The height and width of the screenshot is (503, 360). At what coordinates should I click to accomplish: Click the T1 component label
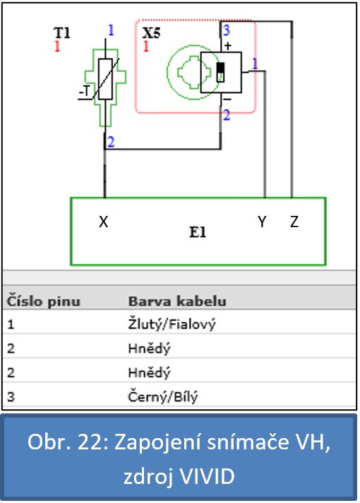pos(62,32)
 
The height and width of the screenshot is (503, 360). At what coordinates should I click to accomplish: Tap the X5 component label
pos(151,32)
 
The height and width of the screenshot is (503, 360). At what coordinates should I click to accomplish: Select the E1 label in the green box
pos(198,232)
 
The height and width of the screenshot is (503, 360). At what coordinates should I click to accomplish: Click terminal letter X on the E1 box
pos(103,222)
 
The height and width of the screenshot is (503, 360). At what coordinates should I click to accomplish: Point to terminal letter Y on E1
pos(262,222)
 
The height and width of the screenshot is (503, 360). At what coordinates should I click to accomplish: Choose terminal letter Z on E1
pos(294,222)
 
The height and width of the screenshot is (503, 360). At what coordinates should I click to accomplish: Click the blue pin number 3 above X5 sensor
pos(227,30)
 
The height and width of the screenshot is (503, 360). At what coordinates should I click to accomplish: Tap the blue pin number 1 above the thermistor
pos(111,30)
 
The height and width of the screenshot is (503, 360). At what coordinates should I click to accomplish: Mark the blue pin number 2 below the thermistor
pos(111,142)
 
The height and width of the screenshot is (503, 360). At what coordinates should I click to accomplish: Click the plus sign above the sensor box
pos(227,46)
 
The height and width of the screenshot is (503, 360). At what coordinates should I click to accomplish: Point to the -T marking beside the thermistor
pos(85,91)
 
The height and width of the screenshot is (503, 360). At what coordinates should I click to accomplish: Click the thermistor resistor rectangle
pos(105,79)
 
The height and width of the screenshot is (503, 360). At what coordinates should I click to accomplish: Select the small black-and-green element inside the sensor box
pos(220,72)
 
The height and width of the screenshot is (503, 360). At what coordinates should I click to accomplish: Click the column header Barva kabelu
pos(177,301)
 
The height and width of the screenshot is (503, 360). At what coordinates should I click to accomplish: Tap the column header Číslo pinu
pos(43,301)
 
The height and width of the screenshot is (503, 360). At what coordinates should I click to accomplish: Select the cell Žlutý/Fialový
pos(172,325)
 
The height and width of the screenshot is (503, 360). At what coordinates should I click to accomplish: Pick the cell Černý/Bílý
pos(162,396)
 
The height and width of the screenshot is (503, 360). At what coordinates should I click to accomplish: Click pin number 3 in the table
pos(11,396)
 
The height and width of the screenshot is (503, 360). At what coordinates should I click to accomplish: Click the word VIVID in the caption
pos(207,476)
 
